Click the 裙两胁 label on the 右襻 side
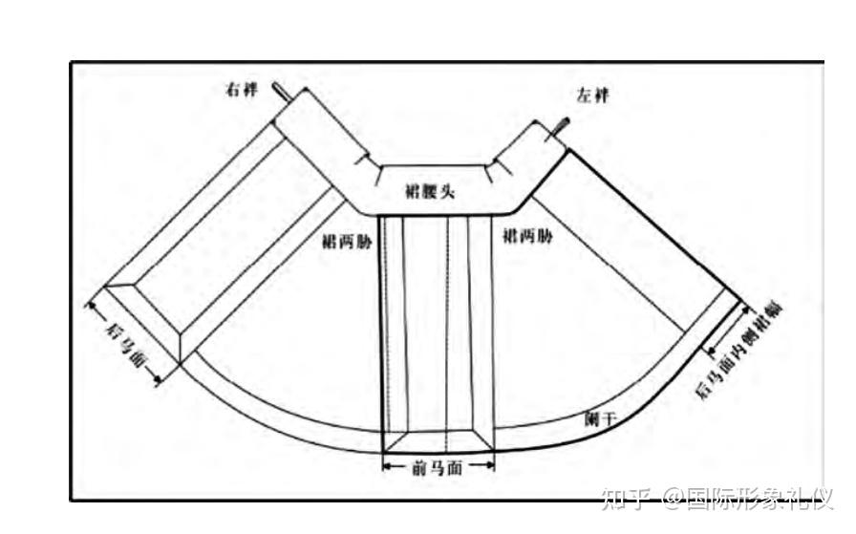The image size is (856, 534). tap(349, 242)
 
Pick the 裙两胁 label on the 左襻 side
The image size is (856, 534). tap(526, 236)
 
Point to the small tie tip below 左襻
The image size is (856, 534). tap(564, 124)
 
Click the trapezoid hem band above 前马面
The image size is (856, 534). tap(438, 440)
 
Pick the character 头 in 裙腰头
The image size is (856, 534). tap(446, 192)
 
